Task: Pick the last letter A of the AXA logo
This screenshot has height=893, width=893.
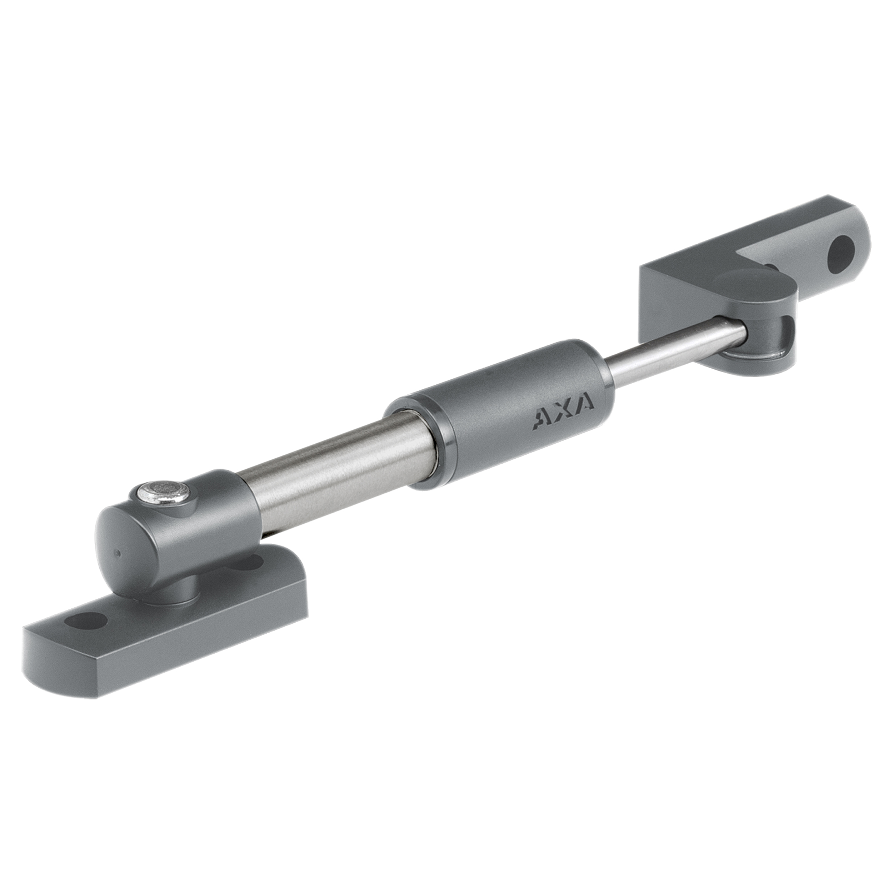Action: [x=584, y=404]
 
